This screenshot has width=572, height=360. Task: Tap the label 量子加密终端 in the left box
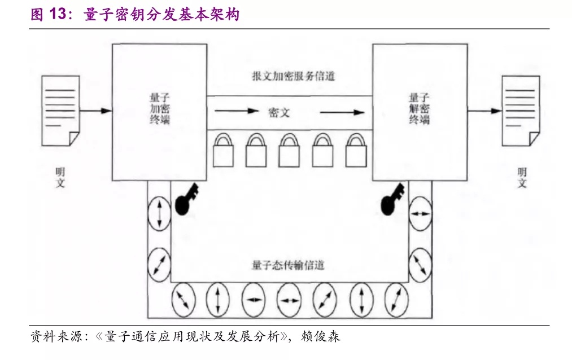[160, 108]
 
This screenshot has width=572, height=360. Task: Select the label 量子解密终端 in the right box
[419, 108]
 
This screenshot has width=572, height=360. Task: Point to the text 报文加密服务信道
[293, 76]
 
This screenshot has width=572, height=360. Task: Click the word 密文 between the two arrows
[279, 113]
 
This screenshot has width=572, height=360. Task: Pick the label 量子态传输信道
[288, 265]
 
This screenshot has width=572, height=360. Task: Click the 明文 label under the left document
[60, 177]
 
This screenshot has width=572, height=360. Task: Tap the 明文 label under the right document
[522, 177]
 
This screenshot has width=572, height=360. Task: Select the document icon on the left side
[60, 111]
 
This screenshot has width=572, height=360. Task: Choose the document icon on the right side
[521, 111]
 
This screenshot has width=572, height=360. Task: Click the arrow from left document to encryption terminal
[95, 111]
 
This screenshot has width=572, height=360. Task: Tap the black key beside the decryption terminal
[392, 199]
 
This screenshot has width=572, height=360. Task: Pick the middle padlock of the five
[289, 150]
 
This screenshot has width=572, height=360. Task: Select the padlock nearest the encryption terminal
[223, 150]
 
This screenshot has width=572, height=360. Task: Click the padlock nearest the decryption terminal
[356, 150]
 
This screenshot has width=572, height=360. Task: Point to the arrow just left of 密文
[237, 111]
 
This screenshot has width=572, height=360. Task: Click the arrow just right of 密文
[342, 112]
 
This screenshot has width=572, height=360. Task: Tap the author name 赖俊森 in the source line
[321, 336]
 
